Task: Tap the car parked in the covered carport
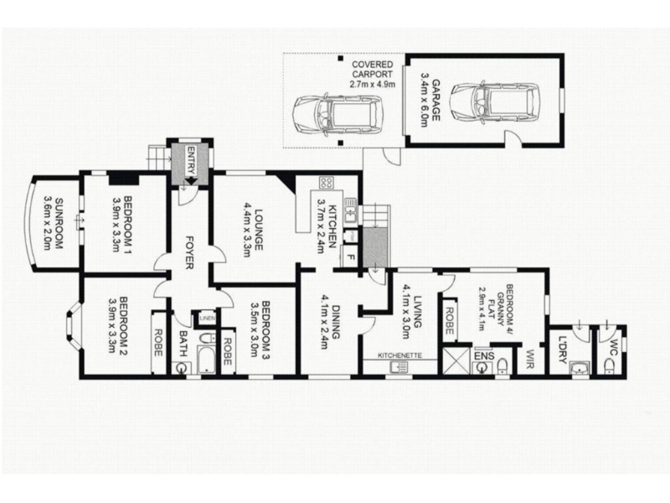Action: [338, 115]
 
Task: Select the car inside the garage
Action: [496, 103]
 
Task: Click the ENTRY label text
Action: [191, 160]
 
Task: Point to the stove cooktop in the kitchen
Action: [327, 183]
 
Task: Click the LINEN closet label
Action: [208, 319]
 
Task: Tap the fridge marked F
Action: [351, 257]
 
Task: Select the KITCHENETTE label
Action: [399, 355]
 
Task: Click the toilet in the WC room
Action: [609, 365]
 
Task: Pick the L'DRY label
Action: [562, 350]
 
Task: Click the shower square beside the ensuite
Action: [456, 360]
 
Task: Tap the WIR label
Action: [530, 360]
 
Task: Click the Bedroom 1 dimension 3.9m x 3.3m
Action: [116, 225]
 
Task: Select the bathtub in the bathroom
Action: [206, 360]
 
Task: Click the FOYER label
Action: [189, 252]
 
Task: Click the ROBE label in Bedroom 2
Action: [157, 342]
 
